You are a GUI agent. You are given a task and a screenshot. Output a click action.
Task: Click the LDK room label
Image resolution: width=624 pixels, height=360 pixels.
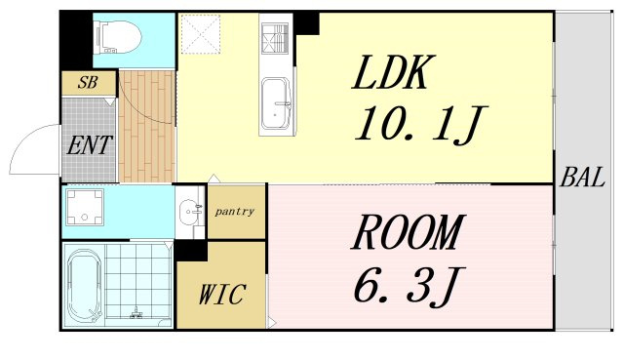point(392,72)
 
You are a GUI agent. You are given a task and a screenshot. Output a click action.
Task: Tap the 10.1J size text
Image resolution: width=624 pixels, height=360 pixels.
point(421,124)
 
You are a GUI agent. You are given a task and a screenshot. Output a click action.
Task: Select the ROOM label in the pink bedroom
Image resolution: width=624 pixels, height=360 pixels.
point(408,232)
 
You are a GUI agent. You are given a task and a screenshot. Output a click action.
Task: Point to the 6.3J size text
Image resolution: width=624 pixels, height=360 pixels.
point(409,284)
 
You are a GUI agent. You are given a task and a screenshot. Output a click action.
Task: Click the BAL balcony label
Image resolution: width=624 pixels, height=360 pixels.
point(583,178)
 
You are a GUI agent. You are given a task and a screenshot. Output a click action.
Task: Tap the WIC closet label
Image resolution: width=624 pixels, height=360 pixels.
point(222,295)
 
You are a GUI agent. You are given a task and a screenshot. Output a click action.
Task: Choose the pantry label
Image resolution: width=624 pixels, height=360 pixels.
point(234,212)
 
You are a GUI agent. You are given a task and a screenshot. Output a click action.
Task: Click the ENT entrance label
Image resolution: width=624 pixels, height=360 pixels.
point(90,145)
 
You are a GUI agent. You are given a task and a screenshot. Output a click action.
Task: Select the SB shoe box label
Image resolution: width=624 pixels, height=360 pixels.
point(88,82)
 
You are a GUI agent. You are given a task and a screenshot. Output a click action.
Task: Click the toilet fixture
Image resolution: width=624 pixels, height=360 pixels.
point(120,37)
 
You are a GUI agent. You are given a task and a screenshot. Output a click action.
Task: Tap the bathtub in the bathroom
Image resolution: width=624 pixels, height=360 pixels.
point(85,286)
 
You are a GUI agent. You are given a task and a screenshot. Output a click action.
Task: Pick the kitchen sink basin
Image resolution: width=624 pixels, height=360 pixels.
point(276,103)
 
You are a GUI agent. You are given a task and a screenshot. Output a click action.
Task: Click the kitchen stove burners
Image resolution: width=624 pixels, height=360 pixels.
point(275,38)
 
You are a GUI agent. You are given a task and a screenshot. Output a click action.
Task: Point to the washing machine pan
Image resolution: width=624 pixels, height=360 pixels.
point(85,207)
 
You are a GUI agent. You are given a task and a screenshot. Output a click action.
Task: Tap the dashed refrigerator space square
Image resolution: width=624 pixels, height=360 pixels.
point(201,34)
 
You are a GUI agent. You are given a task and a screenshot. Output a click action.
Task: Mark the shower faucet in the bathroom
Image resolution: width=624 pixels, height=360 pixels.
point(136,313)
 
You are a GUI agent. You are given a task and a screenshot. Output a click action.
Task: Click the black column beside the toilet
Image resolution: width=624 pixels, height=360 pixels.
point(76,39)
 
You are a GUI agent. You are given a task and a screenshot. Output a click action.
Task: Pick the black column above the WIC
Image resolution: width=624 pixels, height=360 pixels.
point(191,251)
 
